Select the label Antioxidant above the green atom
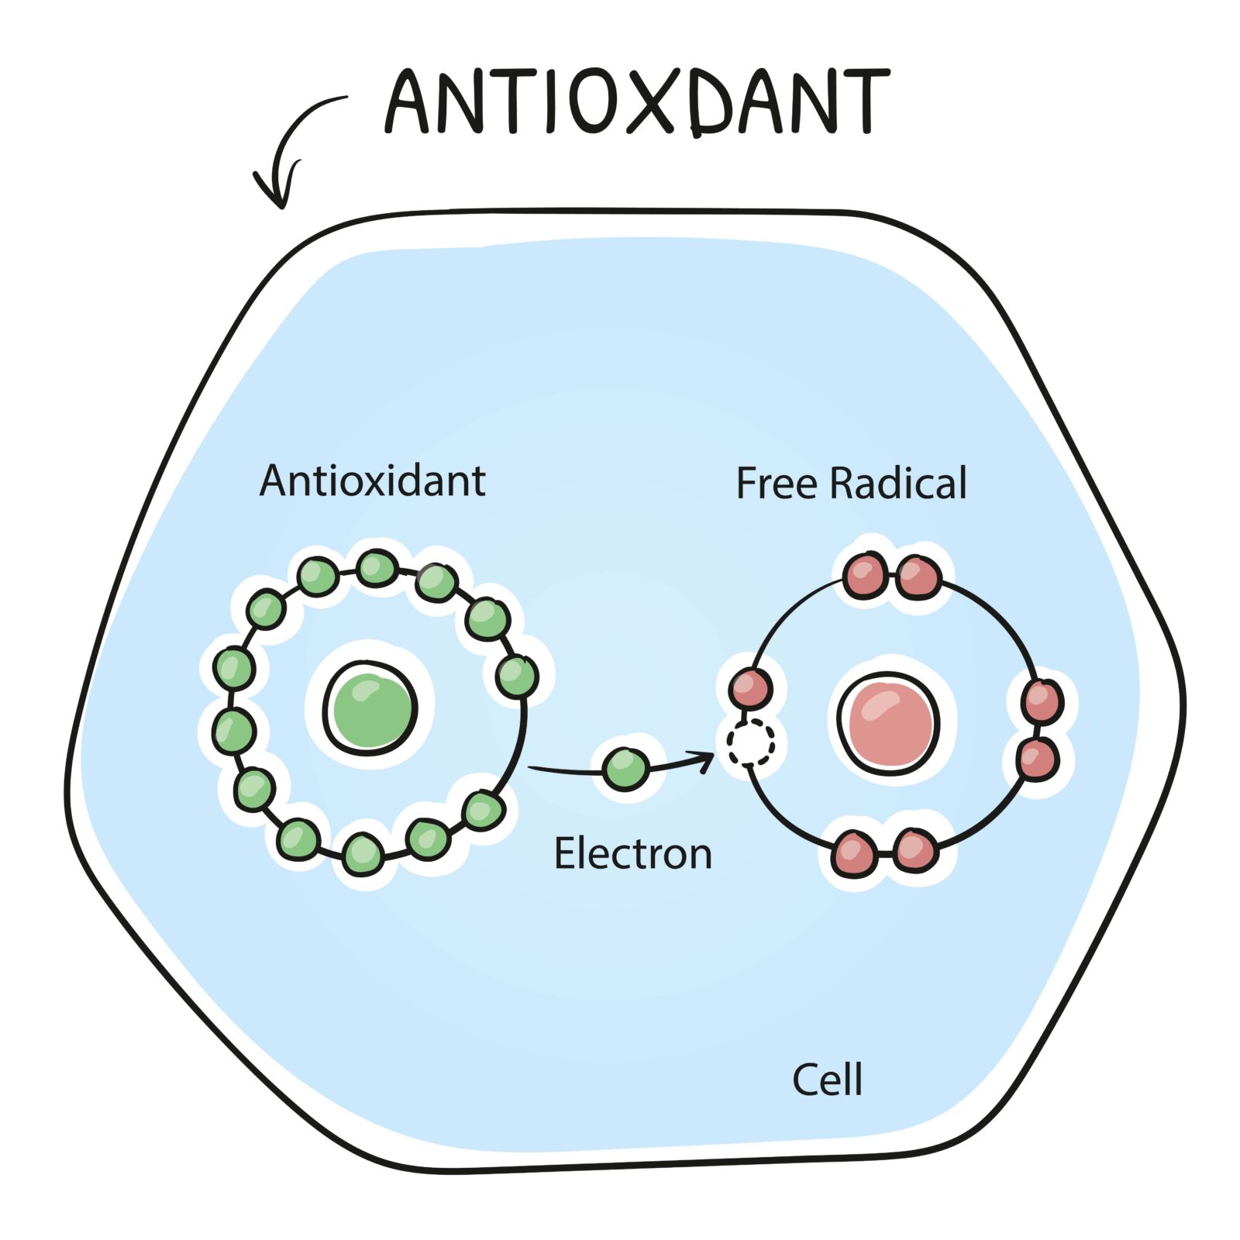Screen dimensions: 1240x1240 372,481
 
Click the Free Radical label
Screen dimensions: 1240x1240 851,484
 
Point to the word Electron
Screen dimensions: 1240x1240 632,854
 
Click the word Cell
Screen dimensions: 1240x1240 827,1079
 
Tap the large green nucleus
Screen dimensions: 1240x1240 370,708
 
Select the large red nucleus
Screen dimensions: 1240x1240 890,722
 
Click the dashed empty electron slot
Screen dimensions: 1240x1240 749,742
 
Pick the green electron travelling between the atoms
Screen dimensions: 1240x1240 625,769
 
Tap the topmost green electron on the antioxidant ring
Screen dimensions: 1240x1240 377,568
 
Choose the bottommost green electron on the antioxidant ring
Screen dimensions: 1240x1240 362,853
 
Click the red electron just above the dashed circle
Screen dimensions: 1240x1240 749,687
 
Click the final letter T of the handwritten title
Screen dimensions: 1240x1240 863,101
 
